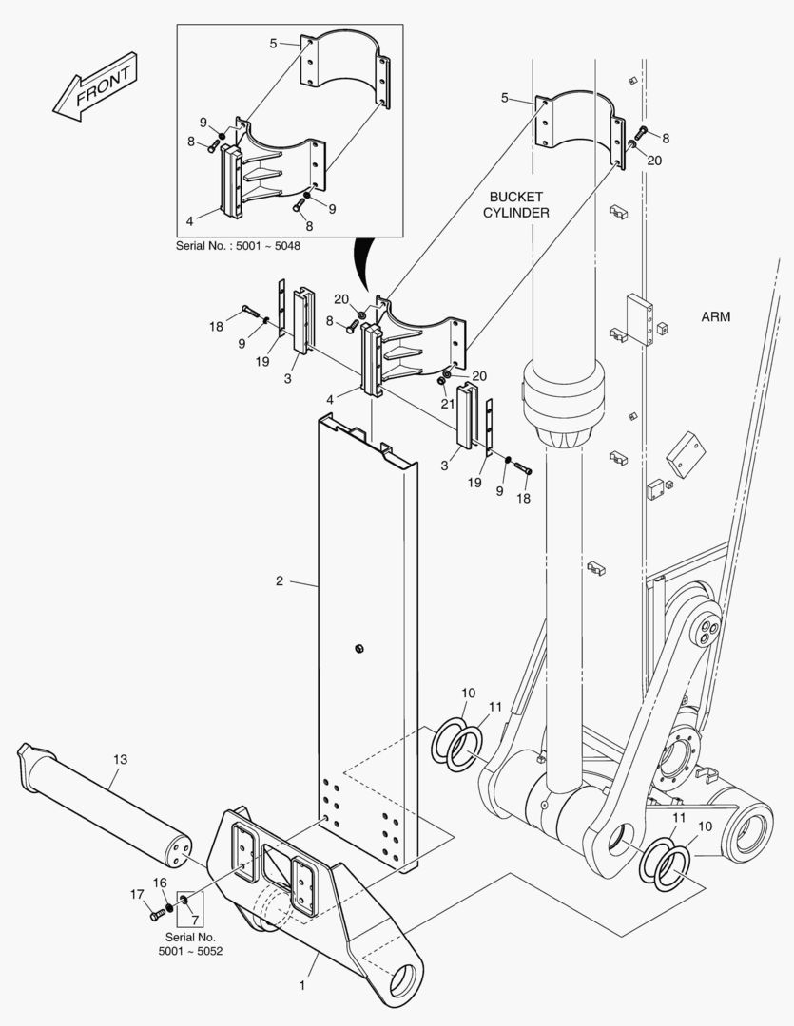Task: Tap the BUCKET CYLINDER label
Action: coord(516,205)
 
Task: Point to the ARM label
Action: coord(715,316)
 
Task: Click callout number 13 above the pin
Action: coord(120,760)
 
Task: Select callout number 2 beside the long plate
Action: coord(280,580)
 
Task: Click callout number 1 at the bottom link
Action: coord(302,985)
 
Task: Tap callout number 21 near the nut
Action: coord(448,404)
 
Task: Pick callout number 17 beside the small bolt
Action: coord(136,894)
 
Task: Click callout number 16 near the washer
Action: coord(160,883)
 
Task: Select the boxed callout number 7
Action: coord(195,920)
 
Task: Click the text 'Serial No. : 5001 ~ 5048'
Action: coord(238,247)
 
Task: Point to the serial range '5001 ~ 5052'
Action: coord(190,951)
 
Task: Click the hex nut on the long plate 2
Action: coord(358,649)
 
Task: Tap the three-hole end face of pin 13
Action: coord(179,848)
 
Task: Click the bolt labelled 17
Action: coord(157,914)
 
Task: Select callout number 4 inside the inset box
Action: coord(190,221)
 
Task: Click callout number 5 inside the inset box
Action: coord(273,44)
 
